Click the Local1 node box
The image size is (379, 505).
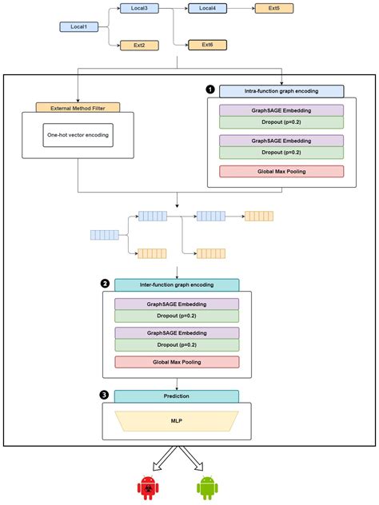point(78,27)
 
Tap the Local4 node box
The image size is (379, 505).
point(207,9)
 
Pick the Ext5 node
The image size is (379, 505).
point(275,9)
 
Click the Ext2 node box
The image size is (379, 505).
point(139,45)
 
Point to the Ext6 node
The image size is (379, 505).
point(207,45)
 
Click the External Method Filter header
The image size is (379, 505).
point(78,107)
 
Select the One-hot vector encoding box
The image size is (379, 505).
point(78,135)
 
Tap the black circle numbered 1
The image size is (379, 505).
point(210,90)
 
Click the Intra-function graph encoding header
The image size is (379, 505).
point(281,91)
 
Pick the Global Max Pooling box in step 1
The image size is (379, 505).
point(281,171)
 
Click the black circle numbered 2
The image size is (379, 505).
point(105,284)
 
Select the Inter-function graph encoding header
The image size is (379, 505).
point(177,284)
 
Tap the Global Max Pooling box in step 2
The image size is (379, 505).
point(177,362)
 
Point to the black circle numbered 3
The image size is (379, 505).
point(105,395)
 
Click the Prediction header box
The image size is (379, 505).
point(177,396)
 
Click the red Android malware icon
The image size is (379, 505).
point(146,486)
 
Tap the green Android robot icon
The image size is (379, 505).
point(207,486)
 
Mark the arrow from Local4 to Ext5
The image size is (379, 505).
point(241,9)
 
